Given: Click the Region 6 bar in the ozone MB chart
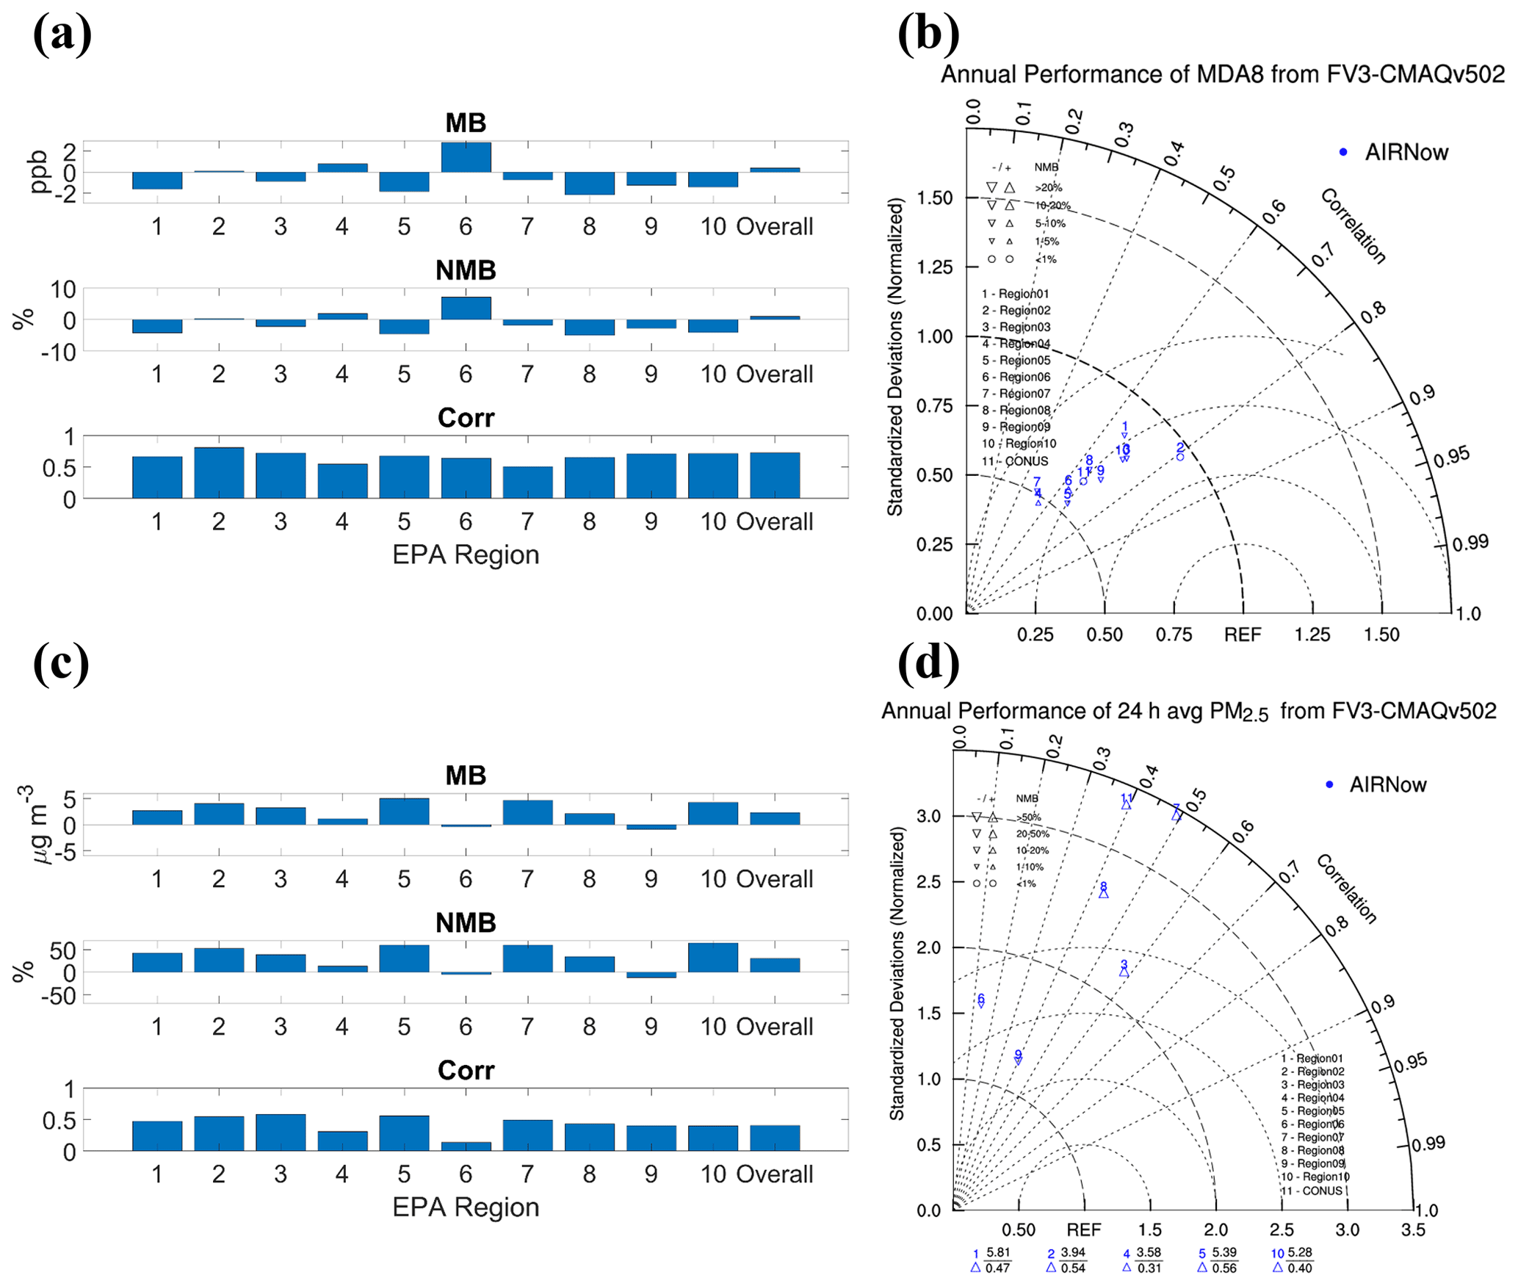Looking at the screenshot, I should point(466,157).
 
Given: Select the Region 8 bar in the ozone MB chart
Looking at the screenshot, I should point(589,183).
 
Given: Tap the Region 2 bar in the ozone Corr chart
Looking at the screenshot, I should point(219,472).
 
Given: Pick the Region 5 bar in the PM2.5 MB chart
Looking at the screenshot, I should point(404,812).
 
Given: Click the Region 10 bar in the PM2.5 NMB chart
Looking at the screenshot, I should point(712,958).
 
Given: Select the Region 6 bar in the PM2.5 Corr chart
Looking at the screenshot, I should point(466,1146).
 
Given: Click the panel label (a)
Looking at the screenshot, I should point(62,35).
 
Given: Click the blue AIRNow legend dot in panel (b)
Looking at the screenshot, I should point(1343,152).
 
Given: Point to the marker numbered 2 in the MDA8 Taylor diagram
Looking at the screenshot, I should point(1180,456).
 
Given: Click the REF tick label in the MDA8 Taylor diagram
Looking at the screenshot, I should point(1243,635).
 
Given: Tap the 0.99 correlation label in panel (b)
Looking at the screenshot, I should point(1470,543).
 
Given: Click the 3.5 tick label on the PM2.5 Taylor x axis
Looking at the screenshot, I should point(1412,1230).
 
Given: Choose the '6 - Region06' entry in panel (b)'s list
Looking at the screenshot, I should point(1016,377).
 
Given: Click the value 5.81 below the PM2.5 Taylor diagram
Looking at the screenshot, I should point(998,1252).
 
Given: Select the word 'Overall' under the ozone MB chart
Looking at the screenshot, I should point(775,226).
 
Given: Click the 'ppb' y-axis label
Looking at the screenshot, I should point(37,172).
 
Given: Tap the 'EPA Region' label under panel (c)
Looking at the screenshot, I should point(466,1207).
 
